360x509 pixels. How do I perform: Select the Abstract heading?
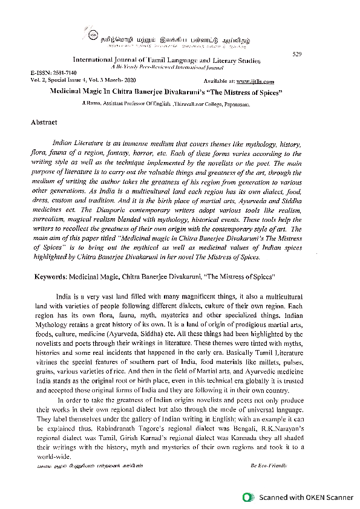(x=44, y=122)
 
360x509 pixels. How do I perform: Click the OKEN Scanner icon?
(x=247, y=498)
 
